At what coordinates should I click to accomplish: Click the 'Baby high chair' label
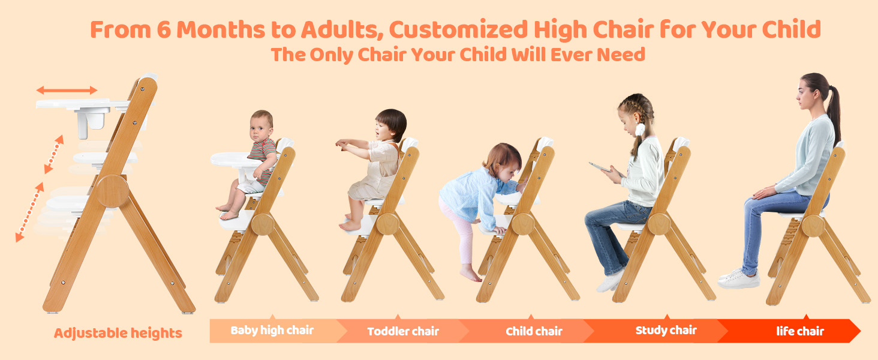[272, 330]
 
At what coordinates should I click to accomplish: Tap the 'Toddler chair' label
[403, 331]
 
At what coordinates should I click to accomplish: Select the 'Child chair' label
[534, 331]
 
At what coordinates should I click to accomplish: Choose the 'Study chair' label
[666, 330]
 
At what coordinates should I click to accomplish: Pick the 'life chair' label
[800, 331]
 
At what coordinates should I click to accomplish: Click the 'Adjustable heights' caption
[118, 333]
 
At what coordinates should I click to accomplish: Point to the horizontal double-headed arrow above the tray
[67, 90]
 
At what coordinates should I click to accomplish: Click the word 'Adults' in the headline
[342, 30]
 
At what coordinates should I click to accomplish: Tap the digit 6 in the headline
[164, 29]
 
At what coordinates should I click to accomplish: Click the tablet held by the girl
[600, 167]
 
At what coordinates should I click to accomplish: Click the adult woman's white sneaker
[738, 279]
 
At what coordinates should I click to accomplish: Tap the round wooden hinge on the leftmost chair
[113, 191]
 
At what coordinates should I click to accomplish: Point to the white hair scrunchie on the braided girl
[640, 129]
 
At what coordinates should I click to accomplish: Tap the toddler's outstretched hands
[342, 145]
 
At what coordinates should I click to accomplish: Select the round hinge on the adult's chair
[813, 226]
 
